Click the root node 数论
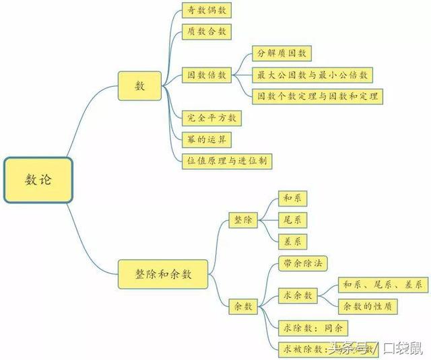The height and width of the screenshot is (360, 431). pos(38,180)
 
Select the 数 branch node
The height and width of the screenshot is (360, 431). pos(140,86)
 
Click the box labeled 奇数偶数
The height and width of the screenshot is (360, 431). pos(207,11)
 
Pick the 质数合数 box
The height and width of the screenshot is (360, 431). pos(207,31)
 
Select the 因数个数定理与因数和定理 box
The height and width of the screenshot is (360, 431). pos(317,96)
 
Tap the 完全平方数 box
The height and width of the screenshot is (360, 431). pos(211,118)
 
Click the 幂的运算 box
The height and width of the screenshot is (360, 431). pos(207,139)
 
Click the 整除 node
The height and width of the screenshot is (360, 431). pos(242,219)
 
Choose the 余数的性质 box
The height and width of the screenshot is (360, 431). pos(367,306)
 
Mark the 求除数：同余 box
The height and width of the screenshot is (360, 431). pos(313,328)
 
